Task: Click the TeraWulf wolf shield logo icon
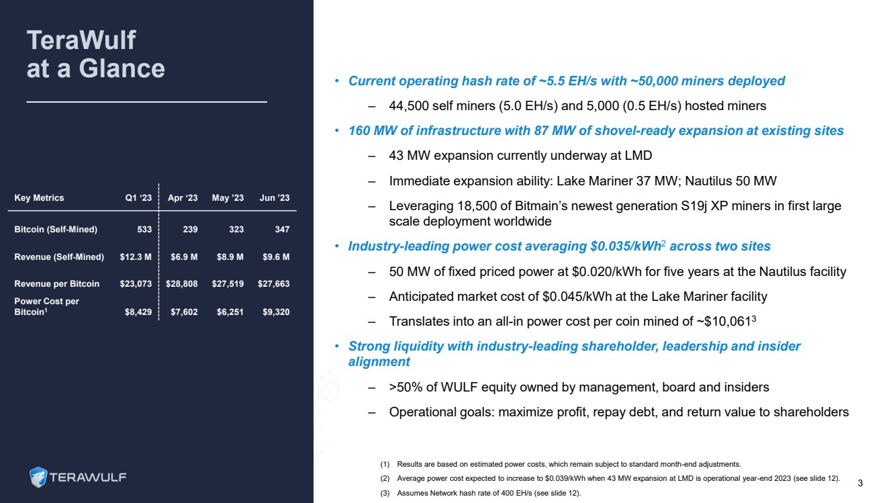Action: (38, 477)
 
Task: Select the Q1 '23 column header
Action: (138, 198)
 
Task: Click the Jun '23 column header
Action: (274, 198)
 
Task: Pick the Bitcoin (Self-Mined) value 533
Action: (144, 230)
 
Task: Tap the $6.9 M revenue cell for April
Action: (184, 257)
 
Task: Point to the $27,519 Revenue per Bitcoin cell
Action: (227, 284)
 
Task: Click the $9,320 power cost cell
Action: (274, 312)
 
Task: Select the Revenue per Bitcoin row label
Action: (56, 284)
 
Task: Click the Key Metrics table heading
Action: (39, 198)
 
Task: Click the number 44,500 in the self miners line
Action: (410, 106)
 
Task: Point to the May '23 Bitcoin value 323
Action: (235, 230)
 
